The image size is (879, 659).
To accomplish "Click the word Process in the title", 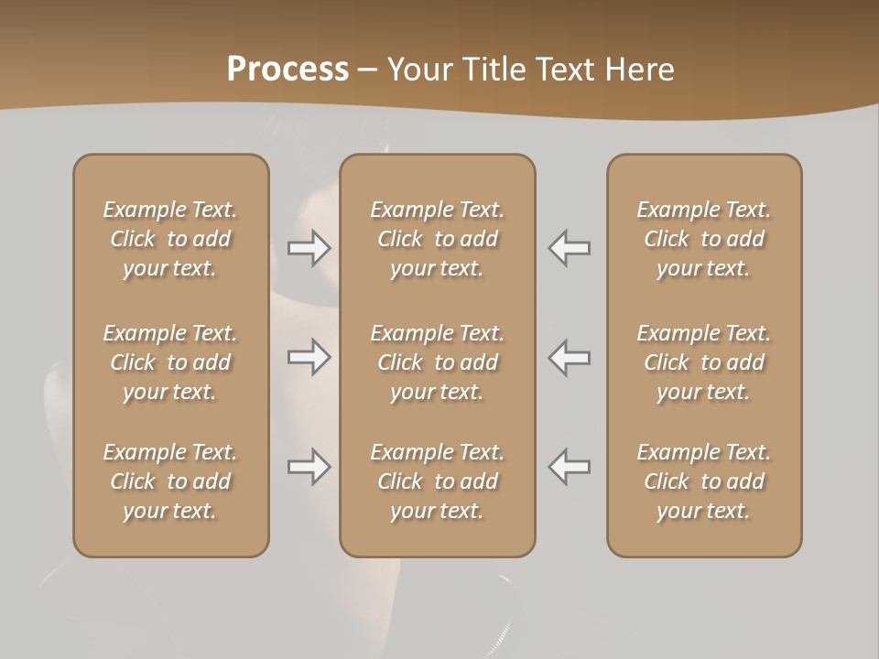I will tap(288, 70).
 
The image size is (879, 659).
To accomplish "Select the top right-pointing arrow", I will tap(309, 248).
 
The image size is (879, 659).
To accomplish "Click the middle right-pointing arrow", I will tap(309, 357).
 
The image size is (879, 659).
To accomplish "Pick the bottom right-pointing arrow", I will tap(309, 467).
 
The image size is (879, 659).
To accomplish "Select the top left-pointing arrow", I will tap(569, 248).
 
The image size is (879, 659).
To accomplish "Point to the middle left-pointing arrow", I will tap(569, 357).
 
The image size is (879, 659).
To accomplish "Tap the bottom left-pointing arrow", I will tap(569, 467).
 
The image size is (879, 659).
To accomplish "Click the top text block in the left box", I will tap(170, 239).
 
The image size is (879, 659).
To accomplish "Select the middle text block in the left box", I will tap(170, 362).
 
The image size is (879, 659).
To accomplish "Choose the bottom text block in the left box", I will tap(170, 481).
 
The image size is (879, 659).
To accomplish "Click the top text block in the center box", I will tap(437, 239).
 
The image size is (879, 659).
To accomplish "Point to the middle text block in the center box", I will tap(437, 362).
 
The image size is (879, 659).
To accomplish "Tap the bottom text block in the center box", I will tap(437, 481).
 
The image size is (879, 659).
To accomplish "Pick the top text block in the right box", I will tap(703, 239).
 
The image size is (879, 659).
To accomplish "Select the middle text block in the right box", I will tap(703, 362).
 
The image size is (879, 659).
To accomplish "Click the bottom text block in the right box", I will tap(703, 481).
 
